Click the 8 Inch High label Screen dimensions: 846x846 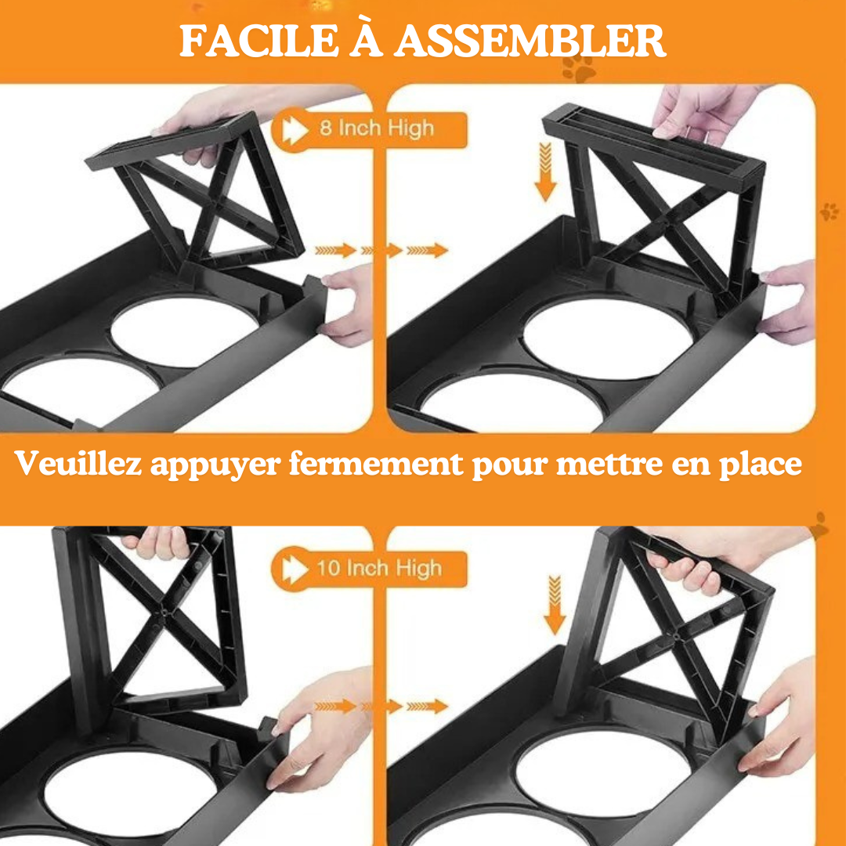pyautogui.click(x=377, y=128)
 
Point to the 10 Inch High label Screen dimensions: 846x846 pyautogui.click(x=379, y=568)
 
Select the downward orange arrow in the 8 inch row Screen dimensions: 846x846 pyautogui.click(x=545, y=172)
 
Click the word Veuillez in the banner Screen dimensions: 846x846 pyautogui.click(x=79, y=464)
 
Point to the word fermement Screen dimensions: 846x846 pyautogui.click(x=376, y=464)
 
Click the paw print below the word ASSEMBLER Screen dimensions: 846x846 pyautogui.click(x=578, y=69)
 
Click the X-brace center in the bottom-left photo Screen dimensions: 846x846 pyautogui.click(x=164, y=613)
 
